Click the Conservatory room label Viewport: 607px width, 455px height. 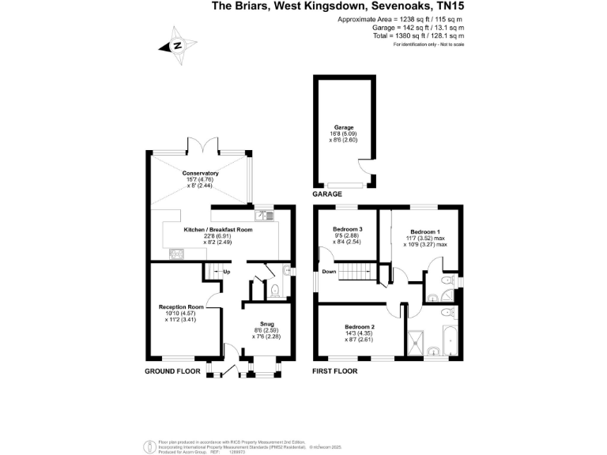[x=200, y=173]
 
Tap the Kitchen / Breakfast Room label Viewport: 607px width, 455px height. [x=217, y=229]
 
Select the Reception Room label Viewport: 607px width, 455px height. [x=181, y=306]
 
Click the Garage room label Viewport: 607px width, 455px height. [x=344, y=127]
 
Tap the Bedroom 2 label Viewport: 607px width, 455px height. [x=360, y=326]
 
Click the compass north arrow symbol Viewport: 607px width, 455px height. [x=176, y=46]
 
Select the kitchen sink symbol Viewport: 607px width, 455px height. [x=262, y=215]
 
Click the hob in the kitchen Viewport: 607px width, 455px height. [x=175, y=254]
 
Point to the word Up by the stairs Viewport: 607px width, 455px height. [x=226, y=273]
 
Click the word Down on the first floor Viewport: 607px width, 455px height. [x=329, y=271]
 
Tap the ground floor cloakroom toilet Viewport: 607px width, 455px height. [x=275, y=291]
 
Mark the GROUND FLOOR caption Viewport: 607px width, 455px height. [x=172, y=370]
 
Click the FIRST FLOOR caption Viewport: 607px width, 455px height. [x=335, y=370]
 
